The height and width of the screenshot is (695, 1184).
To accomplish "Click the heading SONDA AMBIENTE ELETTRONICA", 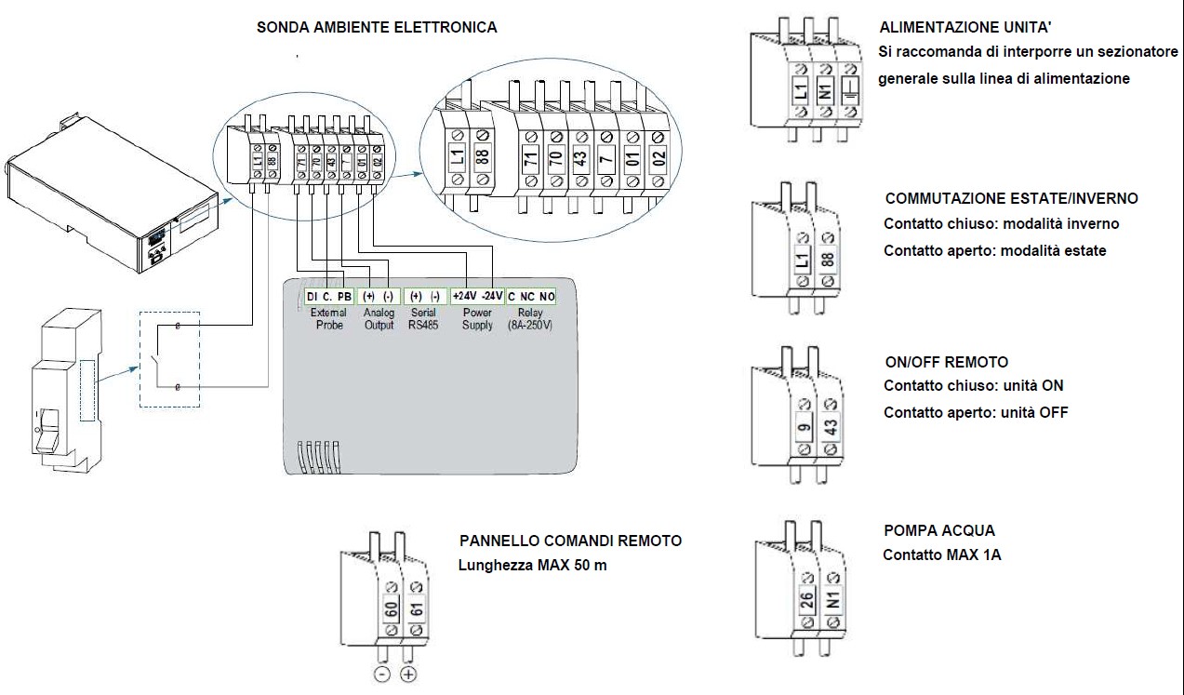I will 377,28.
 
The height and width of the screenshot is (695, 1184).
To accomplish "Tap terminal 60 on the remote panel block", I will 392,610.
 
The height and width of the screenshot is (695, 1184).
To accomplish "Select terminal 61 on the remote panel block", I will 415,610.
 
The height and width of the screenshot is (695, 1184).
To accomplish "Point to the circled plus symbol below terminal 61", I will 408,675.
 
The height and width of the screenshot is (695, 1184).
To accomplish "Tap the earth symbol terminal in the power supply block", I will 849,91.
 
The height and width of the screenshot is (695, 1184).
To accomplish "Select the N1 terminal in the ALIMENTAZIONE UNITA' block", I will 824,91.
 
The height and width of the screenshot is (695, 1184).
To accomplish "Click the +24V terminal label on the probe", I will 464,296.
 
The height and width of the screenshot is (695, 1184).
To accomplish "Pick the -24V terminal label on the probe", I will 491,296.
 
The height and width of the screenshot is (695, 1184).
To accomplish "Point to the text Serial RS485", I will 423,319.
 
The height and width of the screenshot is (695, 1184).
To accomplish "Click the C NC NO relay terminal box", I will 531,296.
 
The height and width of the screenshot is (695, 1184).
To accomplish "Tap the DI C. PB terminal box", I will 328,296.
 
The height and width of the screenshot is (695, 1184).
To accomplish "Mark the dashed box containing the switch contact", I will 169,358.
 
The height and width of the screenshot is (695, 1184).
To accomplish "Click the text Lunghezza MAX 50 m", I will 533,565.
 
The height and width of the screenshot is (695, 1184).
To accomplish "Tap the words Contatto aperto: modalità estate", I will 994,250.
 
